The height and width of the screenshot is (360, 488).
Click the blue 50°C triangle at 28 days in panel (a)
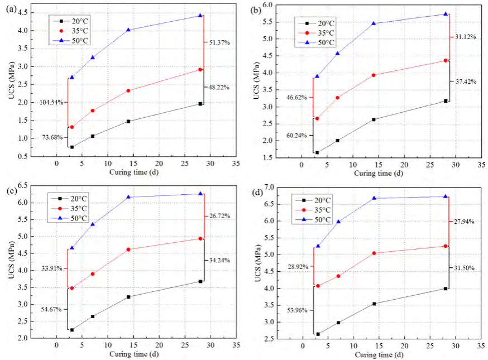200,15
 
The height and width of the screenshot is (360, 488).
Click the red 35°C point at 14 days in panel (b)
374,75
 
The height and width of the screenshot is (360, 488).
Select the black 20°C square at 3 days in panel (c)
72,330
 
